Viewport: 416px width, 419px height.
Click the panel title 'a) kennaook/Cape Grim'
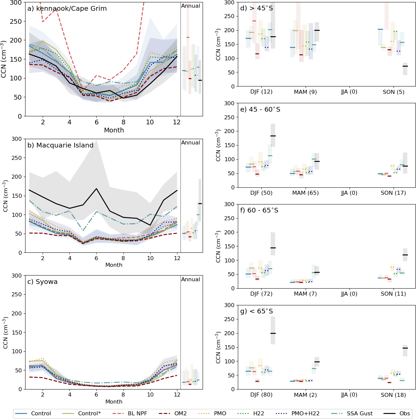coord(67,9)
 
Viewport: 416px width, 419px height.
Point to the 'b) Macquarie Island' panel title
coord(60,145)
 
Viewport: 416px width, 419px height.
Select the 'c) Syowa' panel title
coord(42,282)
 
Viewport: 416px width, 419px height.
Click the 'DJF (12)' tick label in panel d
coord(261,92)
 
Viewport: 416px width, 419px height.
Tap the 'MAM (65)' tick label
coord(305,193)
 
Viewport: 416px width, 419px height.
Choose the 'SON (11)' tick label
coord(393,294)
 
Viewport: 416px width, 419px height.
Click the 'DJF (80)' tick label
coord(261,395)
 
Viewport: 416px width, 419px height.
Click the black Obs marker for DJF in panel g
coord(273,333)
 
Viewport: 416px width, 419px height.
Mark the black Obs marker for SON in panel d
coord(405,66)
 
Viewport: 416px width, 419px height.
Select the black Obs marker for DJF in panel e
coord(273,136)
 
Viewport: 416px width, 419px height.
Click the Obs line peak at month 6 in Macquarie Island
coord(97,188)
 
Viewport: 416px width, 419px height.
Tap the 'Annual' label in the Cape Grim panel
coord(191,6)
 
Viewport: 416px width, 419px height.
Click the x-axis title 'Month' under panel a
coord(114,130)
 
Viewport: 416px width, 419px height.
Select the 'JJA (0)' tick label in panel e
coord(349,193)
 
